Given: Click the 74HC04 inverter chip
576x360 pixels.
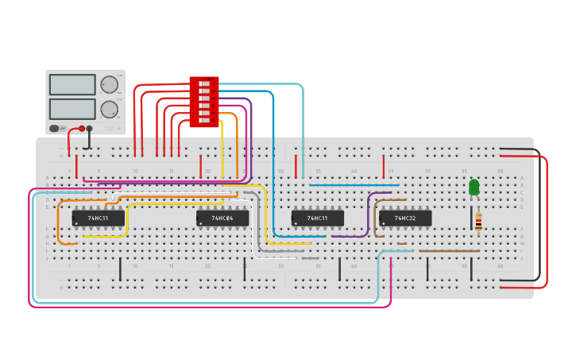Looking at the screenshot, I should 222,218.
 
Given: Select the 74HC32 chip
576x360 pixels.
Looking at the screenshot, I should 405,218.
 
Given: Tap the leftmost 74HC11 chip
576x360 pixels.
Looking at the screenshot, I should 99,218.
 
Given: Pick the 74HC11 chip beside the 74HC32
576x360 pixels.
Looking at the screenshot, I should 317,218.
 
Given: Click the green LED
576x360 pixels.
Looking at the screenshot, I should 474,187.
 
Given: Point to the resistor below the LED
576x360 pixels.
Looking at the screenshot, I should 478,221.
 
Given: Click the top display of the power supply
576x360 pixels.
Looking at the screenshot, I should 72,84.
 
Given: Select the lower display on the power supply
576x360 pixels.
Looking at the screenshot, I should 72,108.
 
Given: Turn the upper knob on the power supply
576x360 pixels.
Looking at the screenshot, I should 109,84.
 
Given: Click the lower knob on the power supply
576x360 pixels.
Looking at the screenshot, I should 109,109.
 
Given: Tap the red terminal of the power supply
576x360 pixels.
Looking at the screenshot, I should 81,128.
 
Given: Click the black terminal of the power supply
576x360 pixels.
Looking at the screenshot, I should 90,128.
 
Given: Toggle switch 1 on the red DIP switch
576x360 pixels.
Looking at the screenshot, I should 204,83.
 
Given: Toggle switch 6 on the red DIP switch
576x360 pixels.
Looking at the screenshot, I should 204,121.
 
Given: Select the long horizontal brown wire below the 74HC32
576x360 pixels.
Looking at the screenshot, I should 449,251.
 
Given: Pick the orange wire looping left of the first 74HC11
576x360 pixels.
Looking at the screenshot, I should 58,223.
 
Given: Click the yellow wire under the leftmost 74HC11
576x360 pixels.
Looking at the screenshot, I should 103,236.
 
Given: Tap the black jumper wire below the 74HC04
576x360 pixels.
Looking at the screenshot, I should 244,269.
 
